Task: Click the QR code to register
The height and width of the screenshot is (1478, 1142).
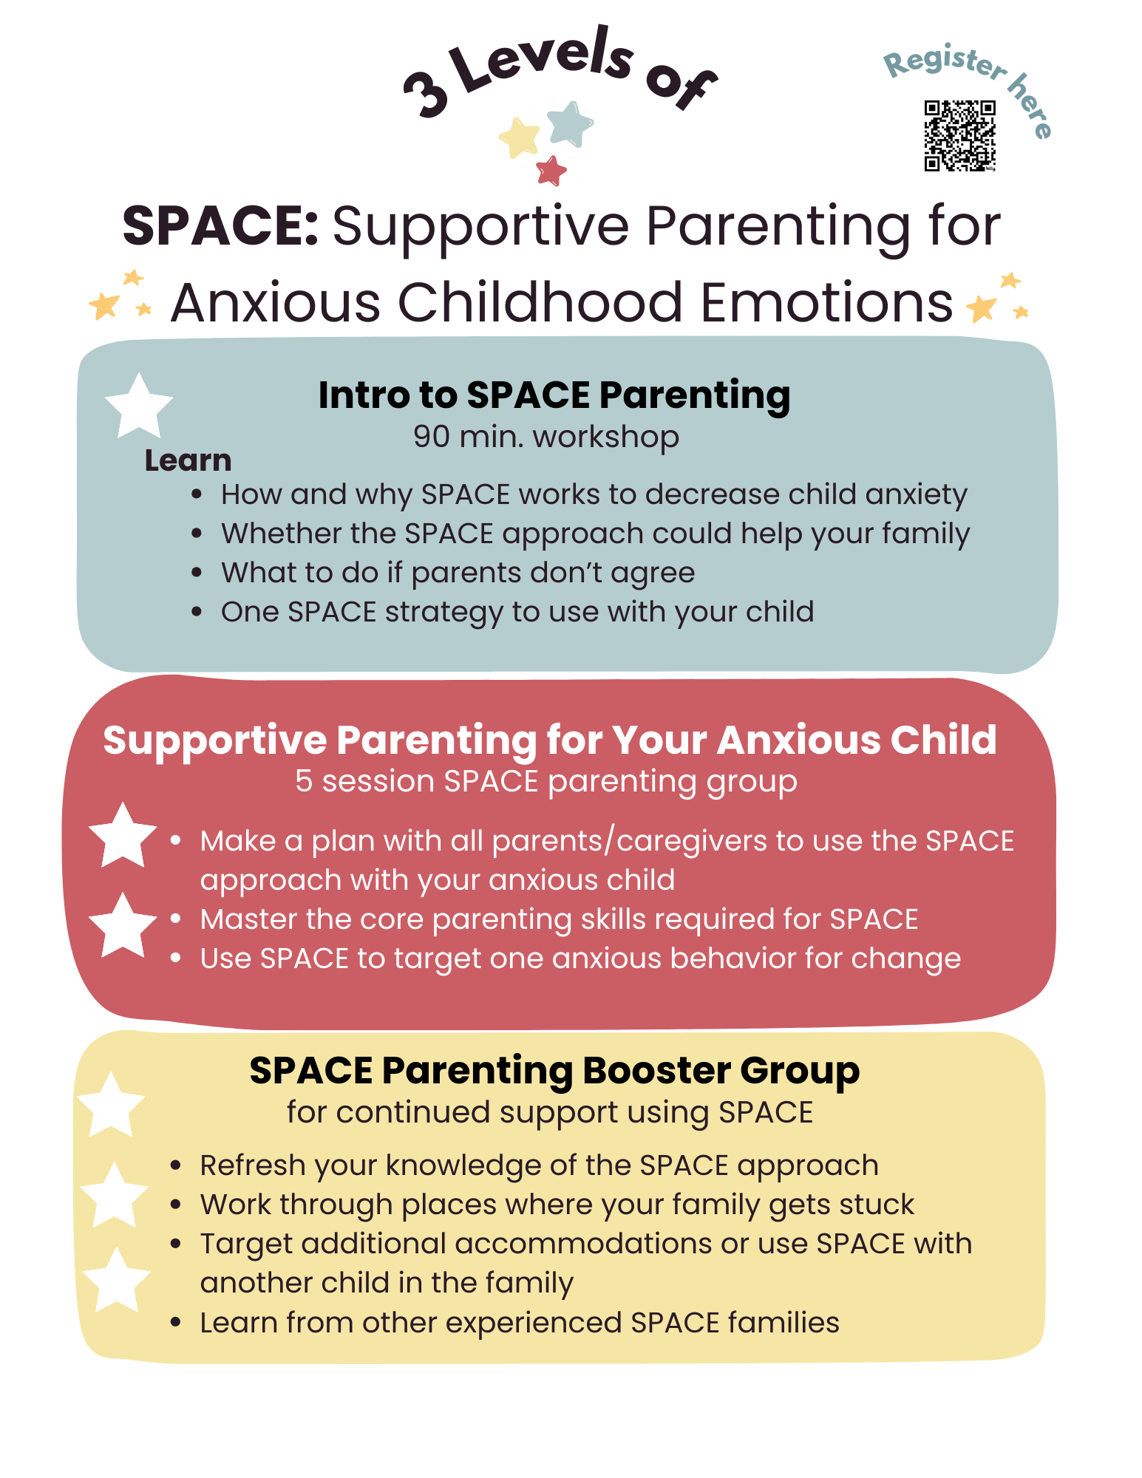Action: click(x=959, y=135)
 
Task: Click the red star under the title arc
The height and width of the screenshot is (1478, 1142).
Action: click(x=551, y=171)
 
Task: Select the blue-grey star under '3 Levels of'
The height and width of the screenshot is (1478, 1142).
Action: click(x=570, y=124)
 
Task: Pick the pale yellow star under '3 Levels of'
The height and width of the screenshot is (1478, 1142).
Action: click(x=520, y=137)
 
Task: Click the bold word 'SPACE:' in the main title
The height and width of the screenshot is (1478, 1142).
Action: click(x=220, y=226)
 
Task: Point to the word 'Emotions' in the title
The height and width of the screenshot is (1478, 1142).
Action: click(x=826, y=303)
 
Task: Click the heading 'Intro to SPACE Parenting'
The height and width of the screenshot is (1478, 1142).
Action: click(x=554, y=395)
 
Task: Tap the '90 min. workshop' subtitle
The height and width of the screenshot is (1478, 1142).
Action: click(x=545, y=437)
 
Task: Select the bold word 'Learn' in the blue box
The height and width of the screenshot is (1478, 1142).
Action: click(x=188, y=460)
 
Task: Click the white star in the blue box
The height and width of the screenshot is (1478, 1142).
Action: click(x=139, y=406)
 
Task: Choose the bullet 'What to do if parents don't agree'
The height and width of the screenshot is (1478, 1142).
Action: click(x=458, y=573)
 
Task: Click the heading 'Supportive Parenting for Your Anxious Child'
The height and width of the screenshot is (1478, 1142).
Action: click(x=550, y=740)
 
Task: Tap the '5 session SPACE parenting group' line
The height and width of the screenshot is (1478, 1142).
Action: click(x=546, y=781)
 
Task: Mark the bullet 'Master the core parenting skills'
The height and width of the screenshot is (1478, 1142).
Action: click(x=559, y=919)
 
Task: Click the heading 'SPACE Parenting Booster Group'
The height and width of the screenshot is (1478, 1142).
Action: click(x=554, y=1070)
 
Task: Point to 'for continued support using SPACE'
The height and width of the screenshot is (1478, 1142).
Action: click(x=550, y=1112)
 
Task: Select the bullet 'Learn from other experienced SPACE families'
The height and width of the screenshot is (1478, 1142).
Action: click(x=520, y=1323)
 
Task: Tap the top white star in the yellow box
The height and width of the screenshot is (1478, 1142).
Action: click(x=111, y=1105)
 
